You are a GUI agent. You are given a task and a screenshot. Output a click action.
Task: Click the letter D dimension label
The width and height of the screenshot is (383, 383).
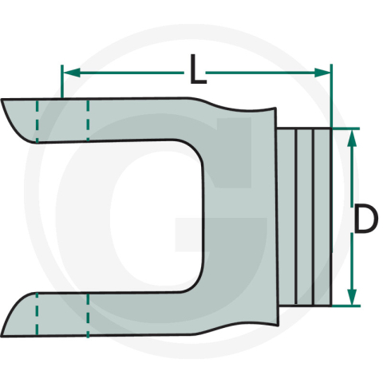click(x=364, y=219)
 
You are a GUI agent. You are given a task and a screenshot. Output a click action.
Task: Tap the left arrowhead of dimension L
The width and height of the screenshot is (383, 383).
click(x=68, y=73)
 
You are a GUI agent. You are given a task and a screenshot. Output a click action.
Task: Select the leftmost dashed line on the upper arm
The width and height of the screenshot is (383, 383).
click(x=37, y=120)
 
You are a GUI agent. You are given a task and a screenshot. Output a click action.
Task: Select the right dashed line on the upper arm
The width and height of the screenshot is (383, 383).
click(x=87, y=120)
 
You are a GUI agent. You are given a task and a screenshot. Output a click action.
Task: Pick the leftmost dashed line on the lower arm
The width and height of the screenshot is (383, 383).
click(x=37, y=314)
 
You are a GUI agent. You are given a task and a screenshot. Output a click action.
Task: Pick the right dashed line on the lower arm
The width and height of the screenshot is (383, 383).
click(x=86, y=314)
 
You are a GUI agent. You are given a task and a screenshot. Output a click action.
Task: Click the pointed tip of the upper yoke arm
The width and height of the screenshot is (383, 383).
click(x=4, y=101)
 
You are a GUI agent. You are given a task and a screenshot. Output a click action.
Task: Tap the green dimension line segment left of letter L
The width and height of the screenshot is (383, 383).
click(x=128, y=73)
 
